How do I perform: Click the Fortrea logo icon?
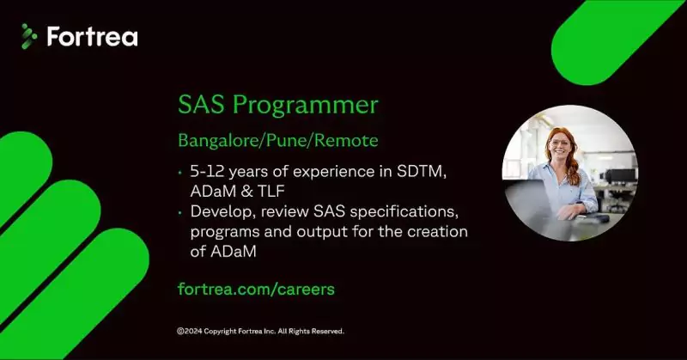29,36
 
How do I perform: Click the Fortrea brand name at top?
92,37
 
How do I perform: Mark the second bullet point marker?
179,212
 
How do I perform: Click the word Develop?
219,212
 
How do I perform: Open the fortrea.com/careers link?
256,289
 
